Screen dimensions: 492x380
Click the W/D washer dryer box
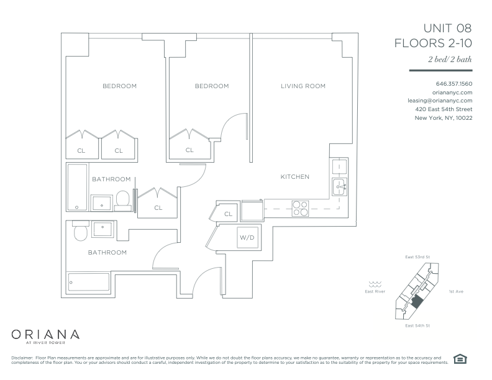pyautogui.click(x=247, y=237)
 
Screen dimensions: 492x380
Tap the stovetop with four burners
pyautogui.click(x=300, y=209)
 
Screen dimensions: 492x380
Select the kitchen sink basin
pyautogui.click(x=340, y=187)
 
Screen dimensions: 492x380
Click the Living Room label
pyautogui.click(x=303, y=86)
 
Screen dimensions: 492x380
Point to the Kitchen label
pyautogui.click(x=295, y=176)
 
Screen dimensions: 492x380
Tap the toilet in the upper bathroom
pyautogui.click(x=122, y=201)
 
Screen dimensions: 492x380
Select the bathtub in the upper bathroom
pyautogui.click(x=77, y=187)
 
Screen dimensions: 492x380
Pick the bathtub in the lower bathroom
pyautogui.click(x=89, y=282)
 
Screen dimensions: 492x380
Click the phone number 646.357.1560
pyautogui.click(x=454, y=84)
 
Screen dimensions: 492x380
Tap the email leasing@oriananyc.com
pyautogui.click(x=440, y=101)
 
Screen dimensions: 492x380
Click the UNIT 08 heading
pyautogui.click(x=447, y=28)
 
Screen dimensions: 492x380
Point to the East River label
pyautogui.click(x=375, y=291)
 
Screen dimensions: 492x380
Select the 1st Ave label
pyautogui.click(x=456, y=291)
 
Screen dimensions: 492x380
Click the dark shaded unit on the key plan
pyautogui.click(x=417, y=302)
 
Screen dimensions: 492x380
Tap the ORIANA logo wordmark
pyautogui.click(x=45, y=335)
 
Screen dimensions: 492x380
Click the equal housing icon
pyautogui.click(x=460, y=359)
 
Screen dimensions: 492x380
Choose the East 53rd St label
pyautogui.click(x=417, y=257)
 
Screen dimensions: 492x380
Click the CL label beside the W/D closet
pyautogui.click(x=228, y=214)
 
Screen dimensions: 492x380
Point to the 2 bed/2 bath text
pyautogui.click(x=450, y=59)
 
